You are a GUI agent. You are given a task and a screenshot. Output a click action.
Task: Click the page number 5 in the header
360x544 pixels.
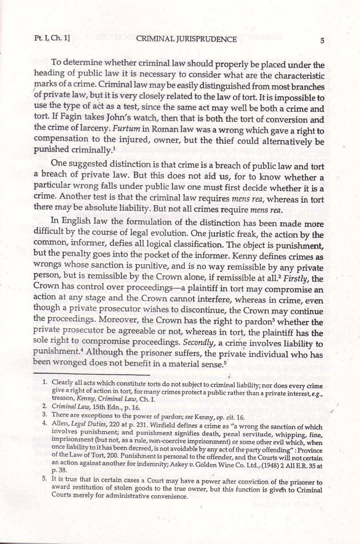coord(322,41)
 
